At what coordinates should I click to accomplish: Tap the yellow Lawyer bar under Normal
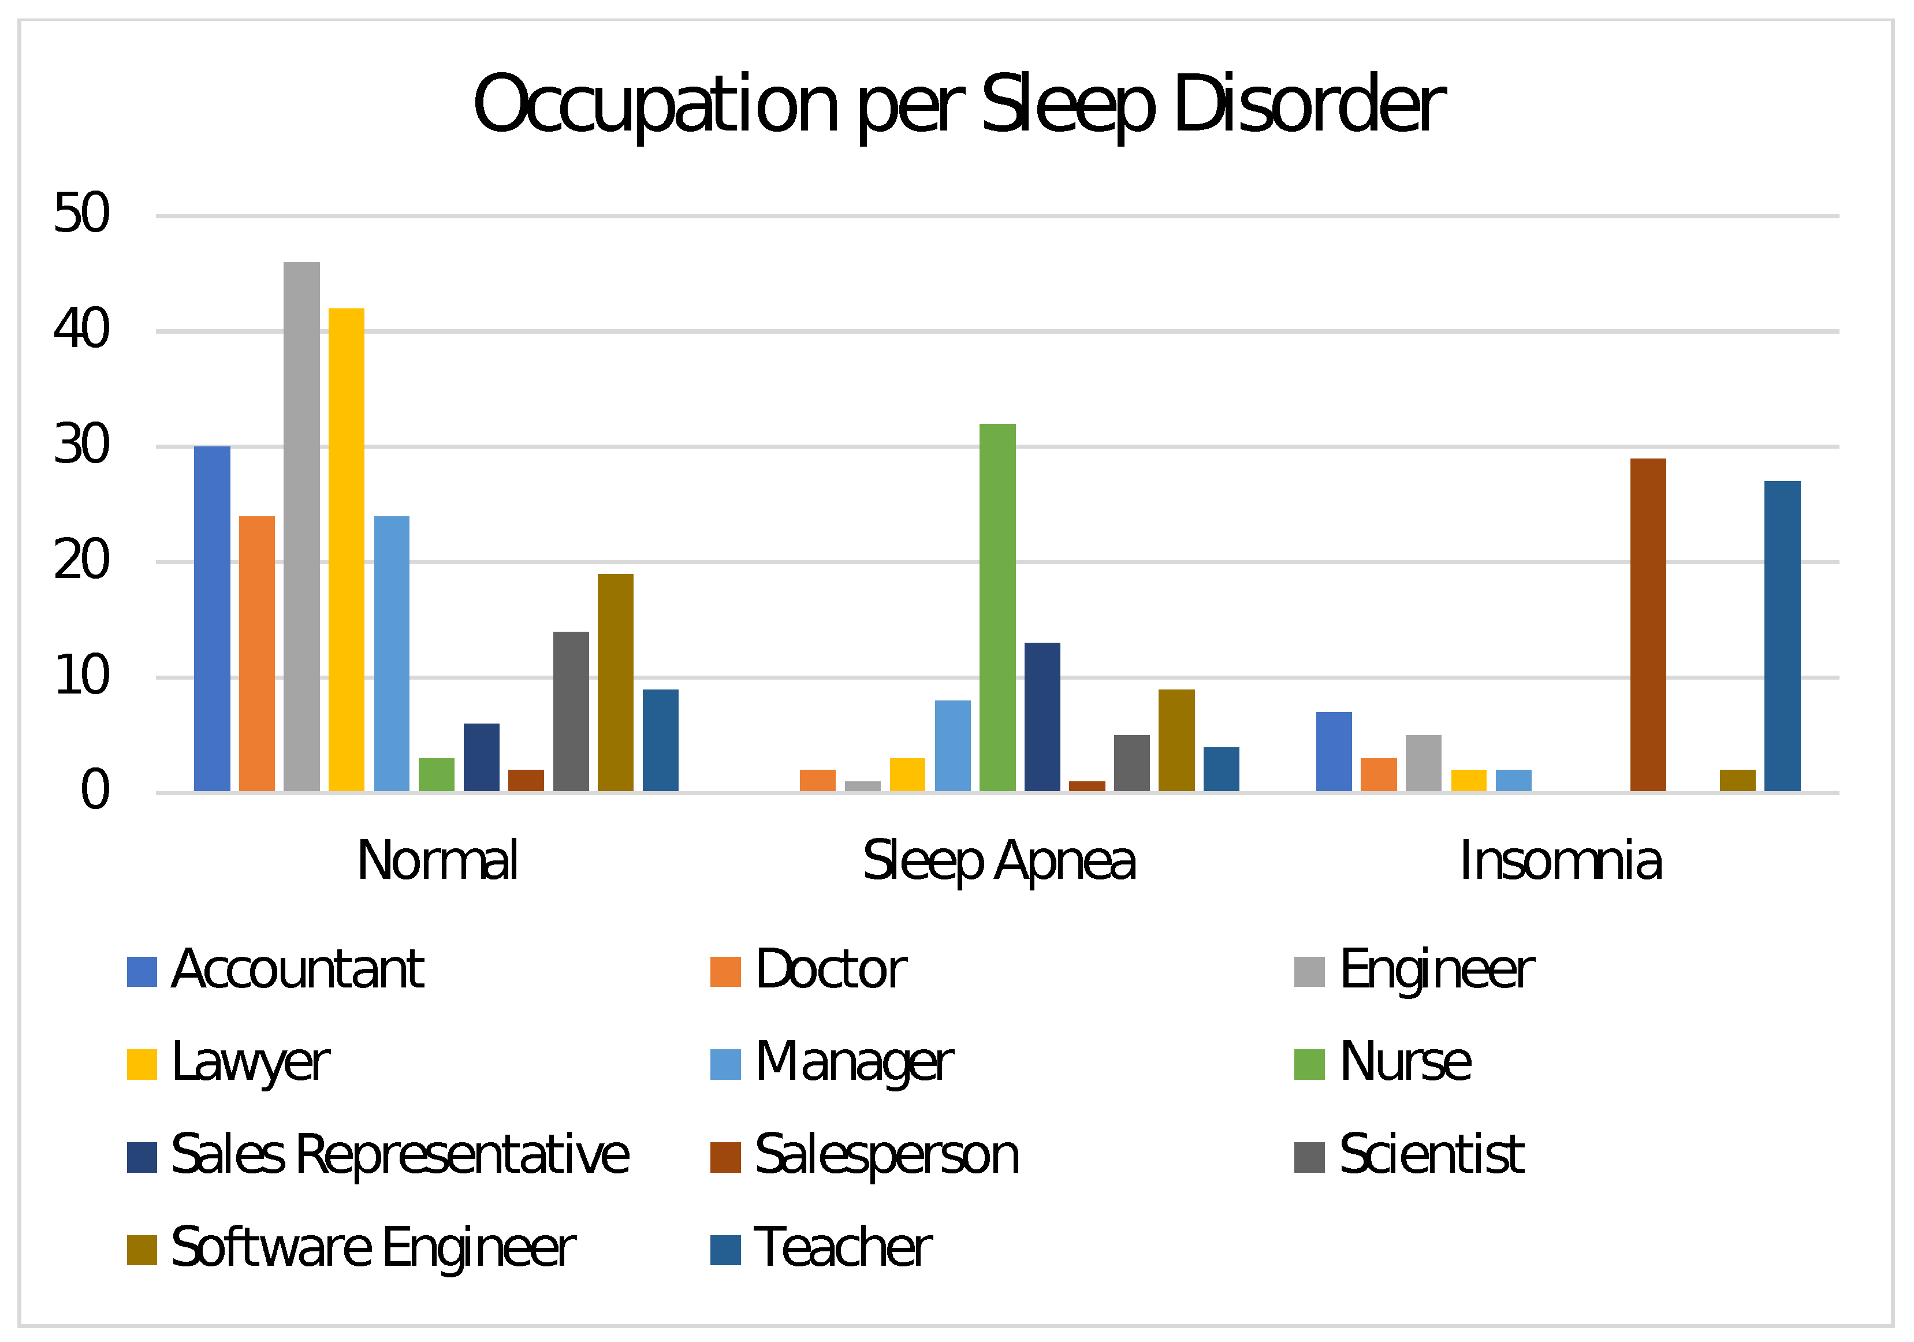click(x=346, y=550)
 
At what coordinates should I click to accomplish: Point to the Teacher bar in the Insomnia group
click(x=1782, y=637)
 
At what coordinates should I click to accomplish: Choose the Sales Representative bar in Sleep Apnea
click(x=1042, y=717)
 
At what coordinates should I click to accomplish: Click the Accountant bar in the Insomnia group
click(x=1334, y=752)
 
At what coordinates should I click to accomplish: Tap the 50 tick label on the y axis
click(x=81, y=214)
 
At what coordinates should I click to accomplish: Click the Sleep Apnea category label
click(x=999, y=861)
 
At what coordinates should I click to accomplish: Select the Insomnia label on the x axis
click(x=1561, y=861)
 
